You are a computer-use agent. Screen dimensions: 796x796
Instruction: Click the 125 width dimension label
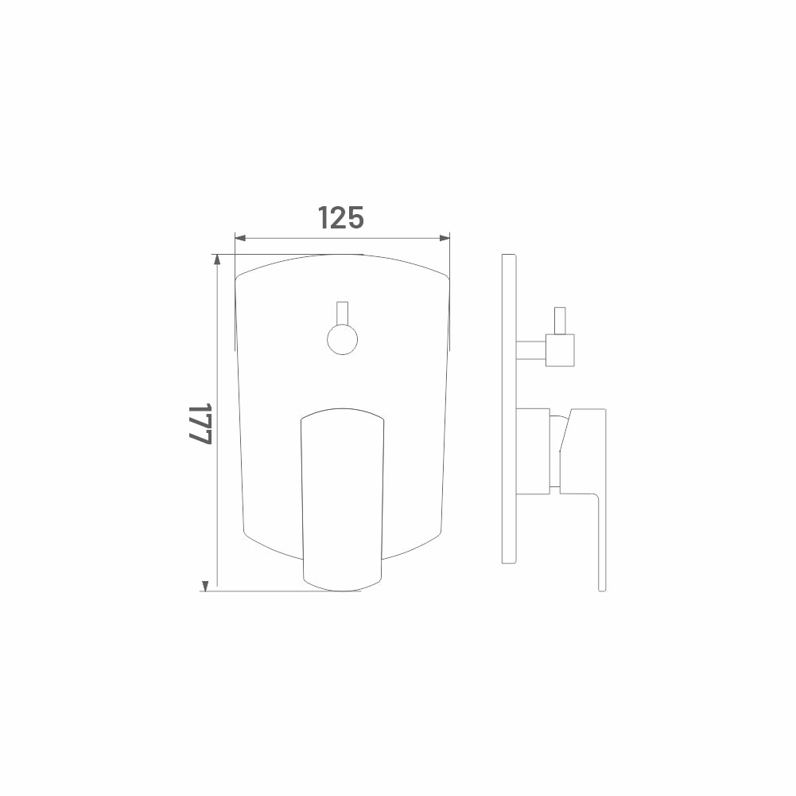(x=340, y=217)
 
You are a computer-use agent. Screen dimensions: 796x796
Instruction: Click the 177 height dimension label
(x=200, y=424)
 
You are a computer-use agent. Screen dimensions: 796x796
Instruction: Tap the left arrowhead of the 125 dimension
(x=240, y=238)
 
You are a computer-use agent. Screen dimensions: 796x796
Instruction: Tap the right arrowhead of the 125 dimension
(x=445, y=238)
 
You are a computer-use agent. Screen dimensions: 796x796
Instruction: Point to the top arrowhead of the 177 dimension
(x=217, y=259)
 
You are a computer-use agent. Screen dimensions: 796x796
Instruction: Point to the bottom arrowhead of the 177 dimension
(x=205, y=586)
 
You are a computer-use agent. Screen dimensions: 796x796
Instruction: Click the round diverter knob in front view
(x=342, y=340)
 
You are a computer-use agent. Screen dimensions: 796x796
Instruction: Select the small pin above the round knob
(x=342, y=313)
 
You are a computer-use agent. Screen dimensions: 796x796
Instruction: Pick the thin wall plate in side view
(x=509, y=408)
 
